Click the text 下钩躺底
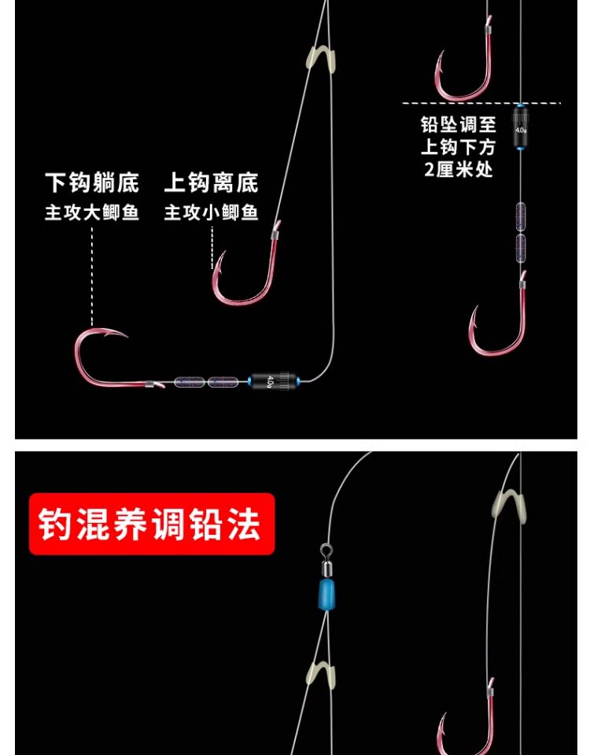92,184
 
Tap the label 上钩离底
211,184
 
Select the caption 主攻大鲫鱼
92,213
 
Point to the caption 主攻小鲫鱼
211,213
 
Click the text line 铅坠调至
459,124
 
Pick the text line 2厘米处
459,169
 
